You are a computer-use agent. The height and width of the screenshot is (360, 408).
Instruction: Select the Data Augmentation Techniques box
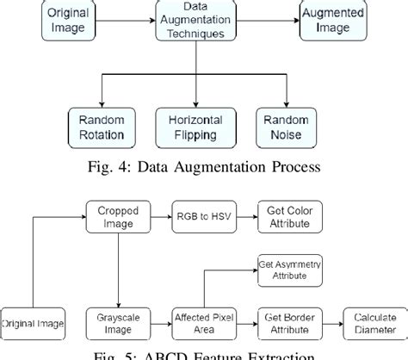pos(197,21)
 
